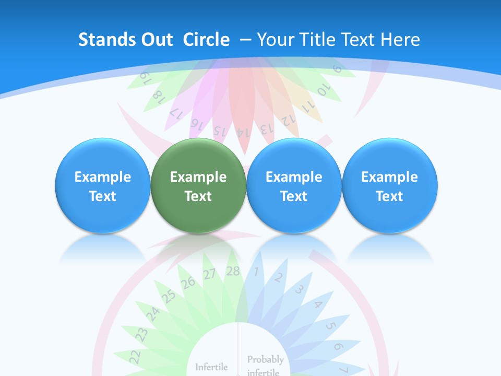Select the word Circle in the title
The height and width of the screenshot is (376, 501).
pyautogui.click(x=206, y=40)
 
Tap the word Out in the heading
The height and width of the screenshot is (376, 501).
pyautogui.click(x=155, y=40)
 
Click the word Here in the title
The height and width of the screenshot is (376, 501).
pyautogui.click(x=400, y=40)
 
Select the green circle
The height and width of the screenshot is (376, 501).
pyautogui.click(x=198, y=185)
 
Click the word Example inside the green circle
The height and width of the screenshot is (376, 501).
pyautogui.click(x=198, y=177)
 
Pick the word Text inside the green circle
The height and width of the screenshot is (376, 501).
pyautogui.click(x=198, y=196)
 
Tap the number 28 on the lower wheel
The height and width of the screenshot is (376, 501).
pyautogui.click(x=233, y=271)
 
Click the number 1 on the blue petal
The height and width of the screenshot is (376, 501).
pyautogui.click(x=256, y=272)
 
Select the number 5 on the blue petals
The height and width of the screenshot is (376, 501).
pyautogui.click(x=330, y=326)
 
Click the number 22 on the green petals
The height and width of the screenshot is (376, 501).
pyautogui.click(x=135, y=356)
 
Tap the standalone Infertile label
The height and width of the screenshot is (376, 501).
pyautogui.click(x=211, y=367)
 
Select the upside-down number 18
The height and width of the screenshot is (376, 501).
pyautogui.click(x=158, y=95)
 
